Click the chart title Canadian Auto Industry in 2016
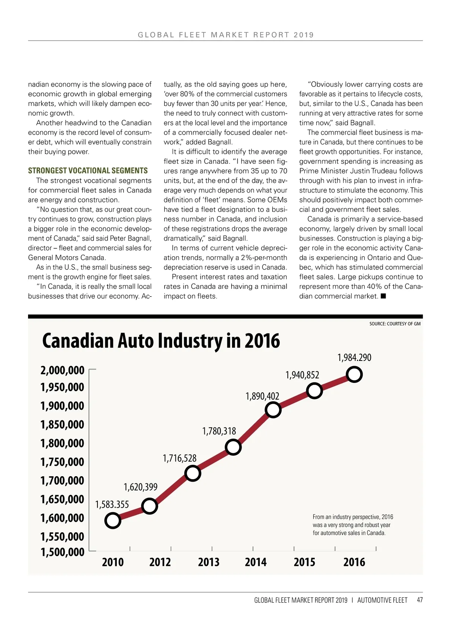(x=161, y=340)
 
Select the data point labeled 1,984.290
(x=354, y=375)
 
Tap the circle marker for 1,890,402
(x=273, y=410)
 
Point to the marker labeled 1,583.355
(x=113, y=521)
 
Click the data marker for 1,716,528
(x=193, y=473)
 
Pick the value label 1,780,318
(x=219, y=431)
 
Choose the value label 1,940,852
(x=302, y=375)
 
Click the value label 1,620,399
(x=140, y=487)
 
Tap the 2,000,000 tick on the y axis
(x=62, y=370)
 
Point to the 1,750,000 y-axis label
(x=62, y=462)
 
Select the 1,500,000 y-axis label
(x=62, y=552)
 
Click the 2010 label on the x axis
(x=113, y=562)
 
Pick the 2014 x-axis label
(x=256, y=562)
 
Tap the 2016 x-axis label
(x=354, y=562)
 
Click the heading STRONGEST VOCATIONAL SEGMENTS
(x=88, y=171)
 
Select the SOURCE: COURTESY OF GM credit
(x=395, y=324)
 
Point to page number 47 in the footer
(x=420, y=600)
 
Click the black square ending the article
(x=383, y=296)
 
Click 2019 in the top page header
(x=304, y=35)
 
